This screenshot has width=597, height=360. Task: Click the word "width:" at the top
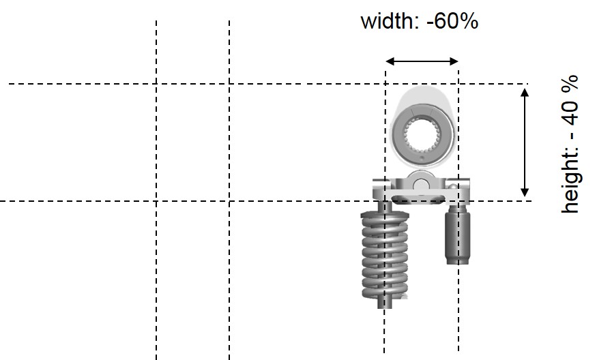[x=390, y=21]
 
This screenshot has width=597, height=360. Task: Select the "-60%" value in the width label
[x=452, y=21]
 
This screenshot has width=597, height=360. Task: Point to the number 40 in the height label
[x=570, y=112]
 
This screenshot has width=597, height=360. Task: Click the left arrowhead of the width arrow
[x=390, y=61]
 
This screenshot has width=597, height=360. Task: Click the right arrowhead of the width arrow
[x=454, y=61]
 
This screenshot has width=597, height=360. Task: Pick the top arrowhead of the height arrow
[x=525, y=93]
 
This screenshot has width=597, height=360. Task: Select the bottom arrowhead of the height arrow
[x=525, y=192]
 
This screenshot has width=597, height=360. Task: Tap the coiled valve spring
[x=385, y=255]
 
